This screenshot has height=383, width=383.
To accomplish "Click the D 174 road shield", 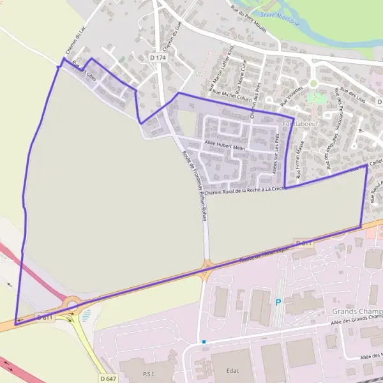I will pos(158,57).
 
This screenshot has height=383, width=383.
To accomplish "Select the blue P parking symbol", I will pos(278,303).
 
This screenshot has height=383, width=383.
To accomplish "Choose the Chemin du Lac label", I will pos(74,42).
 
